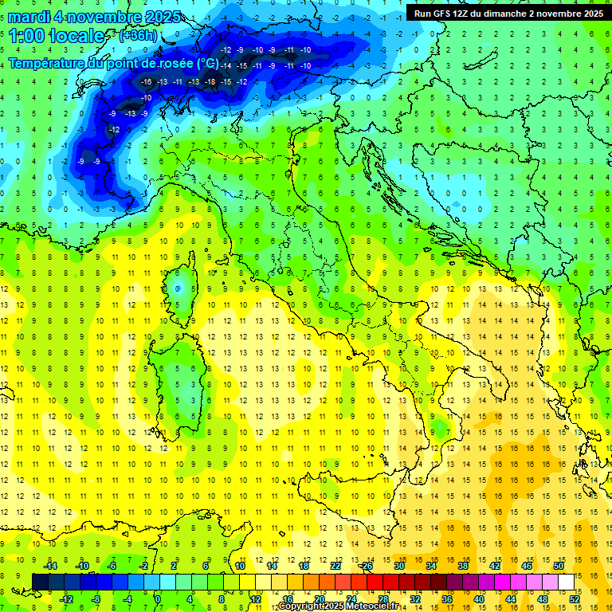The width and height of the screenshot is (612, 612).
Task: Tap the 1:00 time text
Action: point(27,36)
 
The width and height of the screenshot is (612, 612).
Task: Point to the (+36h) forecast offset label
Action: point(138,36)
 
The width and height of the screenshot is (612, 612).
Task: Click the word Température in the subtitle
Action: point(45,63)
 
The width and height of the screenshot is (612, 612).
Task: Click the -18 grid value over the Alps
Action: point(210,81)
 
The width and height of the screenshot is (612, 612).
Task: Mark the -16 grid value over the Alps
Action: point(146,81)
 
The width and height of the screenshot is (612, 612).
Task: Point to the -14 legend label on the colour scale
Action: point(50,565)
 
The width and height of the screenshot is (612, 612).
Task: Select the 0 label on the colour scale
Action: point(158,599)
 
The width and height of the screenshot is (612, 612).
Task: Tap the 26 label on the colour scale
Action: point(367,565)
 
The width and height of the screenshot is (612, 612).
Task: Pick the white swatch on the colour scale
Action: point(566,582)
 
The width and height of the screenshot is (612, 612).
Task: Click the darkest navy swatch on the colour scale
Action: point(39,582)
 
